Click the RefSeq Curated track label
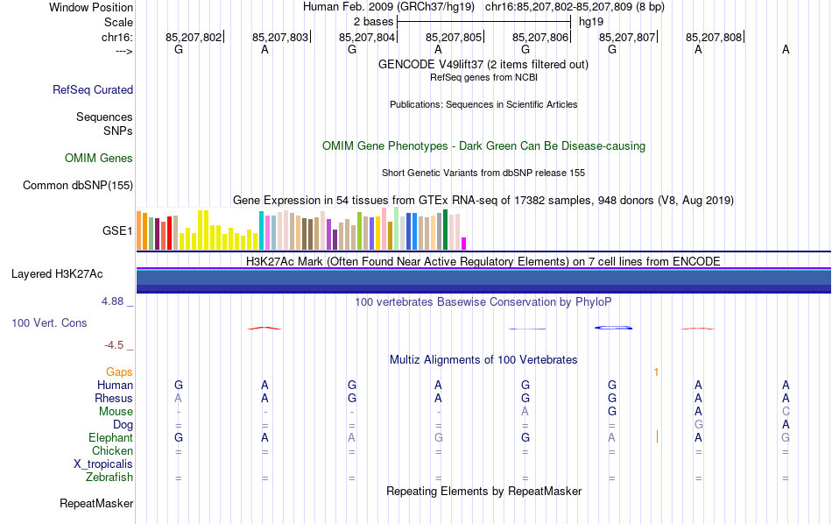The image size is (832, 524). click(93, 89)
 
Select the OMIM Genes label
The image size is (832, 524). click(99, 159)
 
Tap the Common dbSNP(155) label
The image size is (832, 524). click(78, 185)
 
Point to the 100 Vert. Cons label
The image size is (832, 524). click(49, 323)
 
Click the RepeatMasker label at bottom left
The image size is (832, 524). click(96, 504)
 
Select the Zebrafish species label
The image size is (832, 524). click(109, 478)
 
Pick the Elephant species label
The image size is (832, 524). click(110, 438)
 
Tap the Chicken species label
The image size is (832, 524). click(112, 451)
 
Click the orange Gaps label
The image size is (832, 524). click(119, 372)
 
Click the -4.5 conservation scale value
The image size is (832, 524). click(115, 345)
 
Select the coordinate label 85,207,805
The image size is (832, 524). click(454, 37)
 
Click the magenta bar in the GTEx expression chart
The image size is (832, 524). click(464, 243)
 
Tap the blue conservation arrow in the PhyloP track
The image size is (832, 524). click(614, 328)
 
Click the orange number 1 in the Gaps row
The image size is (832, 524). click(655, 372)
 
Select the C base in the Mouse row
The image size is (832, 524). click(786, 412)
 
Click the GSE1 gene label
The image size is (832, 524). click(117, 231)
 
